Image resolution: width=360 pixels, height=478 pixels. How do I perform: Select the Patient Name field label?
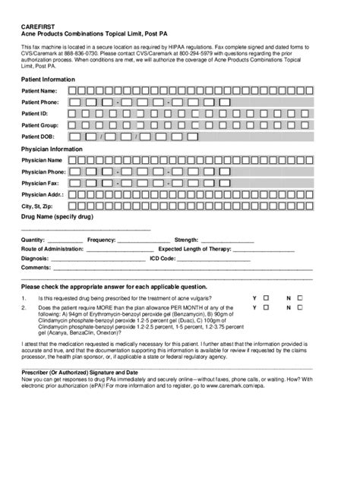point(39,91)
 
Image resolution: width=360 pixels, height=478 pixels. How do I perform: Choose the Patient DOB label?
point(38,137)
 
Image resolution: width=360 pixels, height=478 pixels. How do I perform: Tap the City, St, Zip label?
point(37,206)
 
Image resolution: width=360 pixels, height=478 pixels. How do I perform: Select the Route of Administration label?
point(52,249)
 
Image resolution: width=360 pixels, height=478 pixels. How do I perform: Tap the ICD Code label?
point(163,258)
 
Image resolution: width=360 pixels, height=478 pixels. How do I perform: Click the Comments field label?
point(36,268)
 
